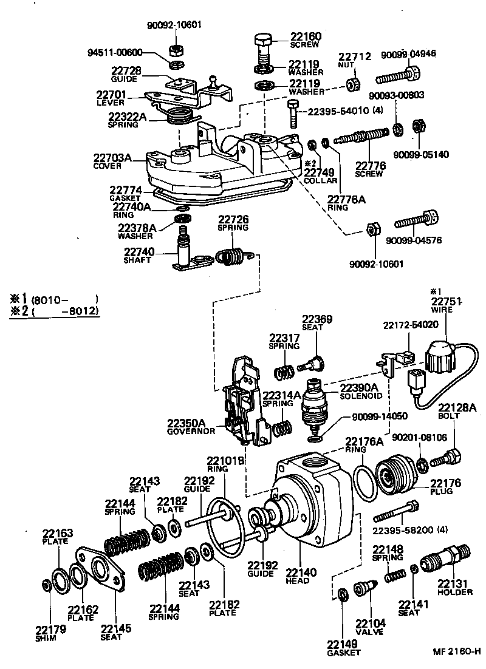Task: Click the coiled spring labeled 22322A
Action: coord(179,114)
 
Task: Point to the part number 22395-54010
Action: coord(337,110)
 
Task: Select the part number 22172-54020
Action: coord(411,325)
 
